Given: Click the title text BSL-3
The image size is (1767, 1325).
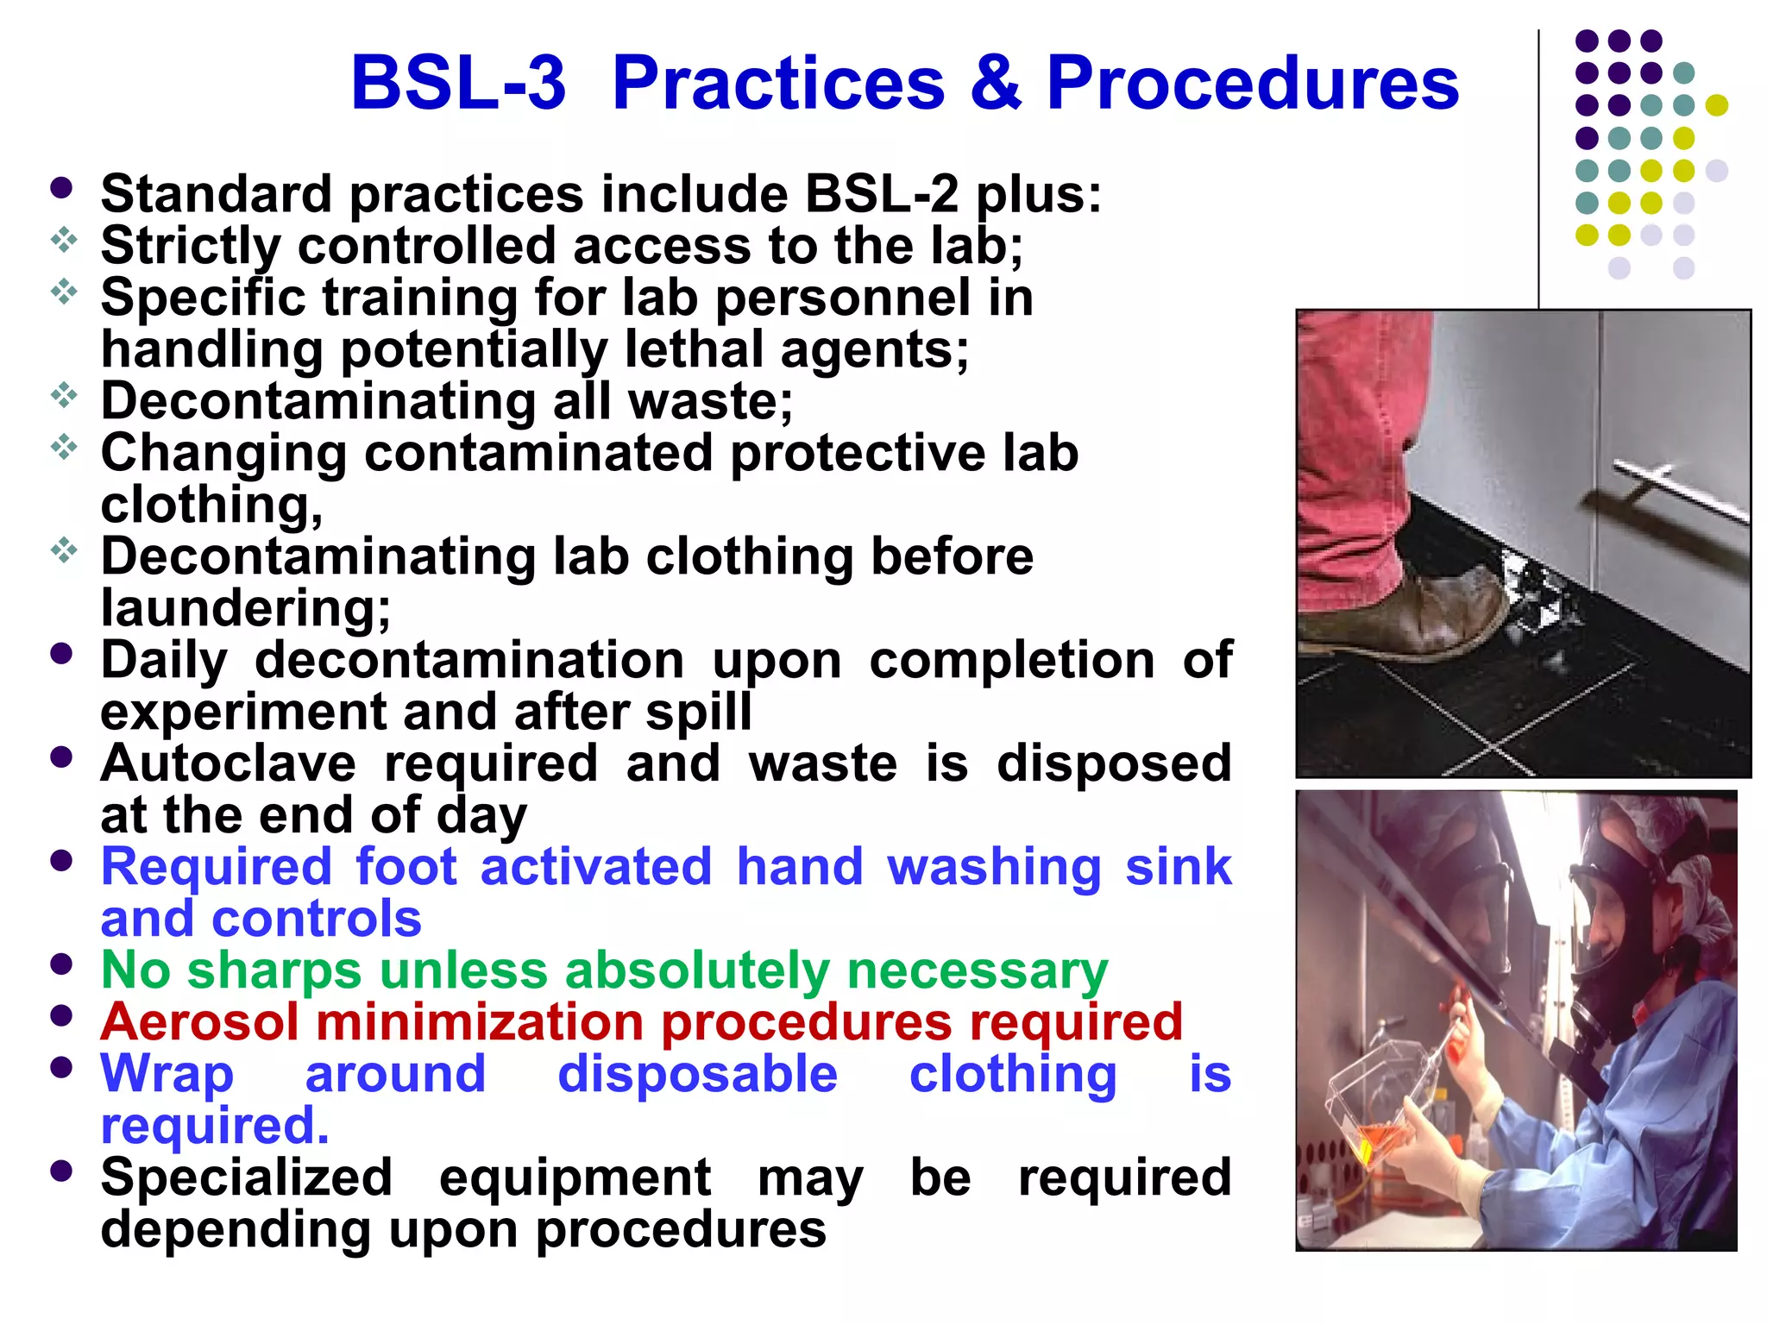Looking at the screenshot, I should tap(458, 83).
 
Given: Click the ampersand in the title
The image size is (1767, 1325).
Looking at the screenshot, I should tap(995, 83).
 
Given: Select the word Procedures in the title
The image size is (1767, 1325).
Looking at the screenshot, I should tap(1252, 83).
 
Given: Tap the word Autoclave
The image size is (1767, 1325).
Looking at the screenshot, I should tap(228, 763).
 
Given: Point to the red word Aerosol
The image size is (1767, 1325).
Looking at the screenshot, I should tap(199, 1022).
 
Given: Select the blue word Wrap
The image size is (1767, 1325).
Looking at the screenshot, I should tap(167, 1076).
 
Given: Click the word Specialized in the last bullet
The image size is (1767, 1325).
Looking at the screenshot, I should tap(246, 1177).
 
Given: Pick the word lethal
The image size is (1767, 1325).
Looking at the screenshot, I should tap(694, 349).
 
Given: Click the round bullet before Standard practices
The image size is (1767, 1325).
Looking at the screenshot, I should tap(61, 188).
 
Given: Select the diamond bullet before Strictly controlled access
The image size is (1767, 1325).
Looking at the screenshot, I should tap(64, 241).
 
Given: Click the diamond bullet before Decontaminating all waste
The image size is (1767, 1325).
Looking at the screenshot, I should tap(64, 396).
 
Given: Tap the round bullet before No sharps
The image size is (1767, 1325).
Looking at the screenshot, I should tap(61, 964).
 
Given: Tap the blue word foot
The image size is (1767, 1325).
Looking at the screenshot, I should tap(406, 867).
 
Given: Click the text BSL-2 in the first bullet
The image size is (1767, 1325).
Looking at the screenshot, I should tap(881, 194).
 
